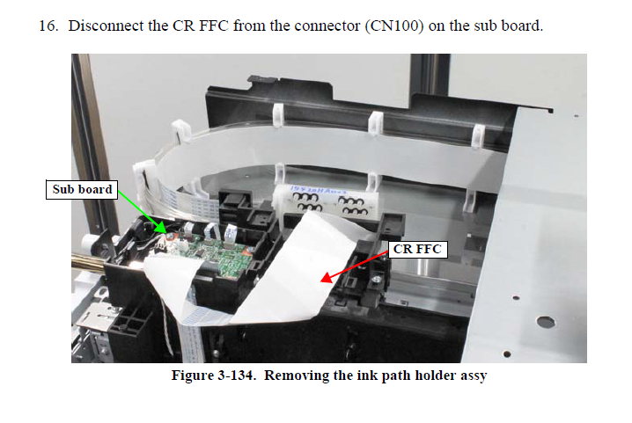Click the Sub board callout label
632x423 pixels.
pyautogui.click(x=81, y=189)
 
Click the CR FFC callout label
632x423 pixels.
pyautogui.click(x=415, y=249)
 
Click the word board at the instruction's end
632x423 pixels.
pyautogui.click(x=523, y=25)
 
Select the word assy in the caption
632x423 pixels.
pyautogui.click(x=467, y=376)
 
